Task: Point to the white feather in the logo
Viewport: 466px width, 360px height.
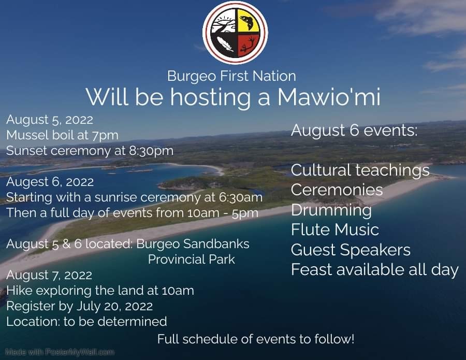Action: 225,45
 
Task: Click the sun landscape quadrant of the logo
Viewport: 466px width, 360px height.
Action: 223,21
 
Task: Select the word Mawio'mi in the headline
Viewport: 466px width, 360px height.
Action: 329,97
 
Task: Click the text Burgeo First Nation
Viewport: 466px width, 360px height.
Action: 231,76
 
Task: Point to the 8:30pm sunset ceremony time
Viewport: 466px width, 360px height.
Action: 151,151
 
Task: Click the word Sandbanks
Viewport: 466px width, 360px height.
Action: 216,244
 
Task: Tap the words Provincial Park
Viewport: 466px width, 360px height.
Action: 192,260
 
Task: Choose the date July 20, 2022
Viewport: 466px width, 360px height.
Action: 115,306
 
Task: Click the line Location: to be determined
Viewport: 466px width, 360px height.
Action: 86,322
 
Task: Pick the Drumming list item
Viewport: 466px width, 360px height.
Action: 331,210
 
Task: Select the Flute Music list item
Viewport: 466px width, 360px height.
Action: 335,230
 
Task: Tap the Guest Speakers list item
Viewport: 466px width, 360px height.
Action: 351,250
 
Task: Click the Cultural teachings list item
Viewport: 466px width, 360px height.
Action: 360,170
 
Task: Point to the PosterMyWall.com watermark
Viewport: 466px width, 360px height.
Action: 60,353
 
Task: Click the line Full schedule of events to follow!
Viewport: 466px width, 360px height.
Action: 256,339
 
